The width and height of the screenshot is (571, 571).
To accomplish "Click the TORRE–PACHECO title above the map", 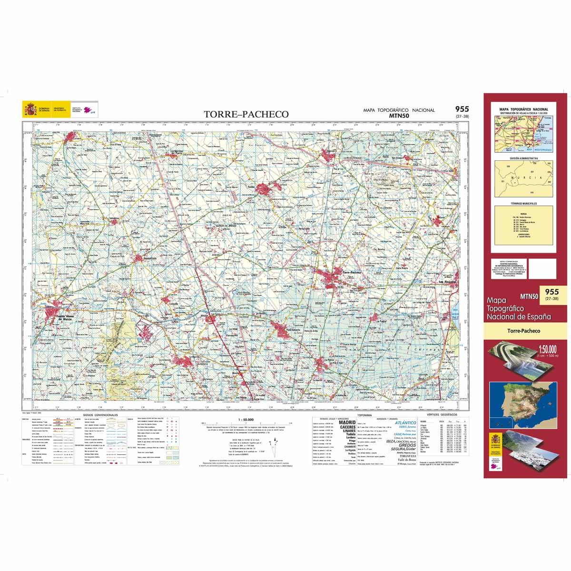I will coord(246,114).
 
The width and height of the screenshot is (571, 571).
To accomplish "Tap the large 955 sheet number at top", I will coord(462,109).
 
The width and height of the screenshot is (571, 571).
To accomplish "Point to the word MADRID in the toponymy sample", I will coord(347,422).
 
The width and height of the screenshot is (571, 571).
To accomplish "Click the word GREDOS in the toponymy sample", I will coord(405,445).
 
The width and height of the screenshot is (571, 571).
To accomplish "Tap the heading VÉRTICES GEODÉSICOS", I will coord(441,415).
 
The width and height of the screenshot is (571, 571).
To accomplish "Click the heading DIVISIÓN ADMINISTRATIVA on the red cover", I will coord(523,158).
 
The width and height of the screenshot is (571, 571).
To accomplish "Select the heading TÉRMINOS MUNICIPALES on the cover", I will coord(523,203).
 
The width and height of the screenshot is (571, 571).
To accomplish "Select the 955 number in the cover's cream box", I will coord(551,292).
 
